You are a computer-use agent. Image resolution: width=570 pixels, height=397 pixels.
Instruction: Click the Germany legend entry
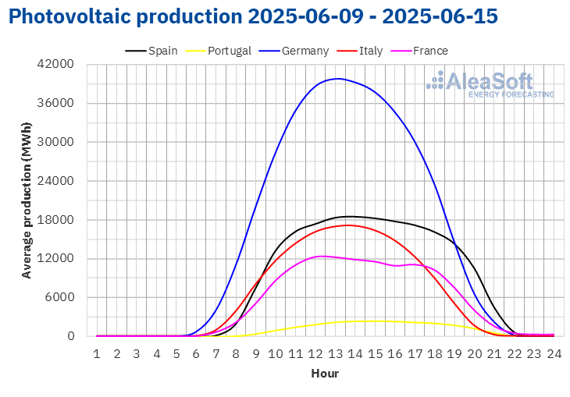pyautogui.click(x=294, y=51)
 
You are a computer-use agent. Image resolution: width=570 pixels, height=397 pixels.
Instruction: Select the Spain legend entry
pyautogui.click(x=151, y=51)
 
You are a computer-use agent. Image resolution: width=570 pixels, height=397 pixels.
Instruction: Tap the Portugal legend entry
pyautogui.click(x=218, y=51)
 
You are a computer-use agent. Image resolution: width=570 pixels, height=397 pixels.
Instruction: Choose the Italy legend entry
pyautogui.click(x=359, y=51)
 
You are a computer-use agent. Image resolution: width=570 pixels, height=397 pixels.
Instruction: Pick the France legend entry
pyautogui.click(x=419, y=51)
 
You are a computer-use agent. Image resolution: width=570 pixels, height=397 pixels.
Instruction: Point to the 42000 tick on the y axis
pyautogui.click(x=55, y=64)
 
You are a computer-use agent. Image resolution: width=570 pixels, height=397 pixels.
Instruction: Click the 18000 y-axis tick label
pyautogui.click(x=55, y=220)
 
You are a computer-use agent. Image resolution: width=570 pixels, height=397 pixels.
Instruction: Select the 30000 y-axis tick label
pyautogui.click(x=55, y=142)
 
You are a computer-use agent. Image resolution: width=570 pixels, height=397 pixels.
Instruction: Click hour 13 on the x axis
pyautogui.click(x=335, y=353)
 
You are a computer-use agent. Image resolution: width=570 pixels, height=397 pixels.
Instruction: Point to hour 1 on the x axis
pyautogui.click(x=97, y=353)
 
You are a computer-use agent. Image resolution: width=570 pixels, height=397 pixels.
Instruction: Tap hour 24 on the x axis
pyautogui.click(x=554, y=353)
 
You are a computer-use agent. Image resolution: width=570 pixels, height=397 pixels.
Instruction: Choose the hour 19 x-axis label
pyautogui.click(x=454, y=353)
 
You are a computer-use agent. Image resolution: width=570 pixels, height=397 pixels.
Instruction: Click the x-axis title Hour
pyautogui.click(x=325, y=374)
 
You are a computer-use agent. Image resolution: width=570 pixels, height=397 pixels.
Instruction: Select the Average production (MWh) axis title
pyautogui.click(x=27, y=200)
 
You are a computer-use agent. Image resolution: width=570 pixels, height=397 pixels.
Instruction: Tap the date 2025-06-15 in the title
pyautogui.click(x=440, y=16)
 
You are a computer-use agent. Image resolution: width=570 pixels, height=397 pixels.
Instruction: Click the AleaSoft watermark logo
pyautogui.click(x=490, y=84)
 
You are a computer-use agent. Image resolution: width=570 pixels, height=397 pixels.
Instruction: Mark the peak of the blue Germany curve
pyautogui.click(x=338, y=79)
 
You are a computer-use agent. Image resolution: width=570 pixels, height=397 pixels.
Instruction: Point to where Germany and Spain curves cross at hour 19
pyautogui.click(x=455, y=246)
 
